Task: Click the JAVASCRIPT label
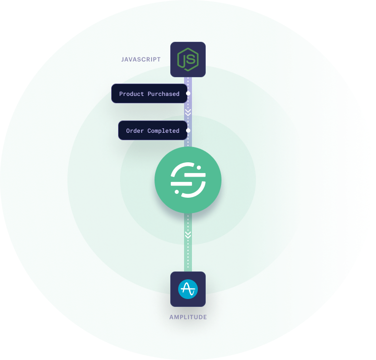coord(141,60)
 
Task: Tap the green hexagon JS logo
coord(188,60)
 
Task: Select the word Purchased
coord(164,94)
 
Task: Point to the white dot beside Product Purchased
coord(188,93)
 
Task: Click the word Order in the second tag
coord(135,131)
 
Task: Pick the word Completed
coord(163,131)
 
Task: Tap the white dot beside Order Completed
coord(188,130)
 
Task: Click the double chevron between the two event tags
coord(188,112)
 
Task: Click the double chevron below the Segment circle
coord(188,235)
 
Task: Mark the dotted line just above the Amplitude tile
coord(188,258)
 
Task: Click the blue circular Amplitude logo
coord(188,289)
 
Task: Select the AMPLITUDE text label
coord(188,317)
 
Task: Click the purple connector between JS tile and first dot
coord(188,84)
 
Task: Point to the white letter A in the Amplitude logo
coord(188,289)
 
